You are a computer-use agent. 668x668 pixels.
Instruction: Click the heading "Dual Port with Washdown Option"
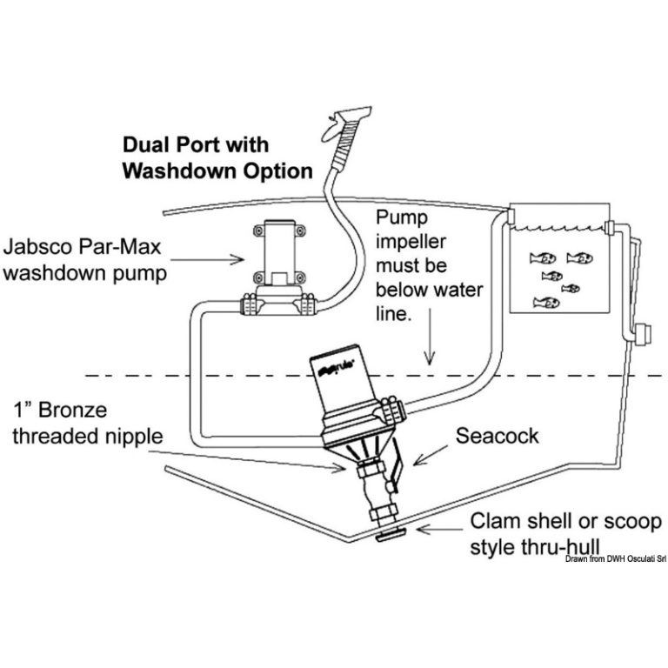pos(217,157)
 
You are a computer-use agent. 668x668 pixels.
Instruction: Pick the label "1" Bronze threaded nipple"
pos(87,423)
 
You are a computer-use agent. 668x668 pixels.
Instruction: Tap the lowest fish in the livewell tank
pos(546,303)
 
